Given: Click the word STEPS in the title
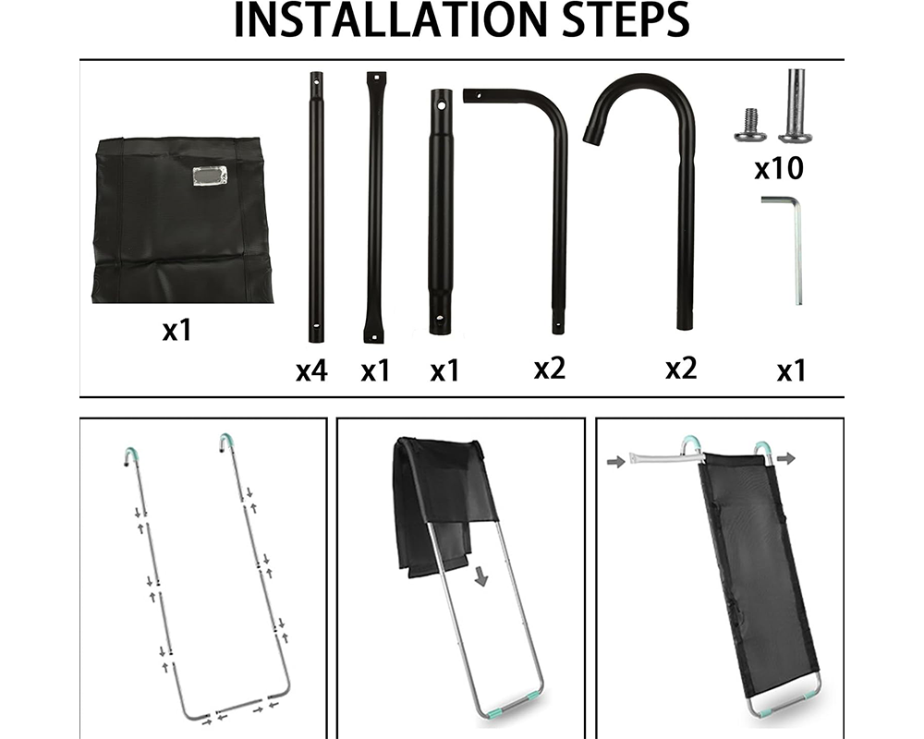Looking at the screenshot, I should (x=618, y=22).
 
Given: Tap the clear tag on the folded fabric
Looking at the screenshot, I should (x=209, y=176).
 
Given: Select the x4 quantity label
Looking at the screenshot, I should (x=311, y=371).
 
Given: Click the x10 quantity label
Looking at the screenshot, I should (x=779, y=169).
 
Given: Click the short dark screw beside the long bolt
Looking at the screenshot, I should (x=750, y=125).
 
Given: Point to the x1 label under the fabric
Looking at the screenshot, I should (x=176, y=330).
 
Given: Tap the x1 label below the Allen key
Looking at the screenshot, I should (x=791, y=371).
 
